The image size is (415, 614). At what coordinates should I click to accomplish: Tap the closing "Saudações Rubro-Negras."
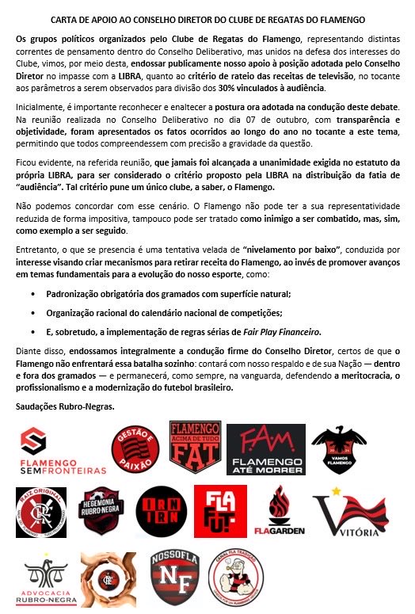[66, 406]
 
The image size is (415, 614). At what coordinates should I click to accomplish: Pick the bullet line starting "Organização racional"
[149, 313]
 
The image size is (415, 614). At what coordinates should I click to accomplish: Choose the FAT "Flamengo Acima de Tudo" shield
[193, 446]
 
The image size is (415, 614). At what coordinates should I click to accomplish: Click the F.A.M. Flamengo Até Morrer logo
[267, 448]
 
